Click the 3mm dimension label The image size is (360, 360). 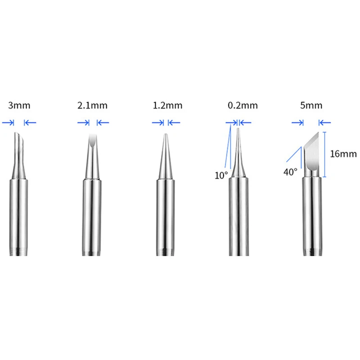(19, 106)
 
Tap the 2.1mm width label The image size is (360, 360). (92, 106)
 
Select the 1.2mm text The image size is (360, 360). (167, 106)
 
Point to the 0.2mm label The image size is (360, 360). (243, 106)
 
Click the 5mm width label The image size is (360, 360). (310, 106)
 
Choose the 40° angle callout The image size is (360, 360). (290, 172)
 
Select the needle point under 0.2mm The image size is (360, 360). (238, 135)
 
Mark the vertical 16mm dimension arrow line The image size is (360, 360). (324, 153)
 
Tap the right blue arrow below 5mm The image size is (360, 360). (325, 122)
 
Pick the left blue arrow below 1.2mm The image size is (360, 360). (157, 122)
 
